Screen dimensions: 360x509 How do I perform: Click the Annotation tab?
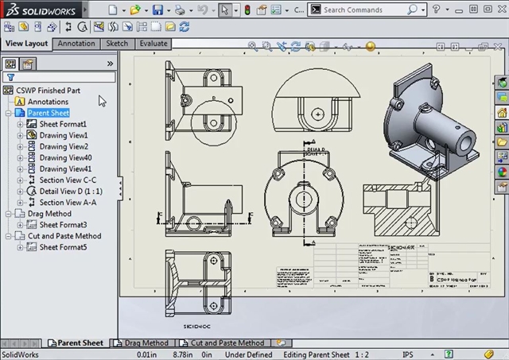point(76,44)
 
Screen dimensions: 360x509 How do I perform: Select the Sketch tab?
point(117,44)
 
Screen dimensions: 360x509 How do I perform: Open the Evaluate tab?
point(153,44)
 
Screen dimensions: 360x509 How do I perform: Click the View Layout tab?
point(26,44)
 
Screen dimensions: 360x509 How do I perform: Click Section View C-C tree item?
point(68,180)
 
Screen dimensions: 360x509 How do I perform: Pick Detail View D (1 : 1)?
point(71,192)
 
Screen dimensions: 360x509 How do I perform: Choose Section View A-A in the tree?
point(68,203)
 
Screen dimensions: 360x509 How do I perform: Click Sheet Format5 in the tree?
point(63,247)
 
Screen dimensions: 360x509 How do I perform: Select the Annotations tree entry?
point(48,102)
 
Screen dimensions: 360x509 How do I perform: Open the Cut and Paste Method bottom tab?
point(227,343)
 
